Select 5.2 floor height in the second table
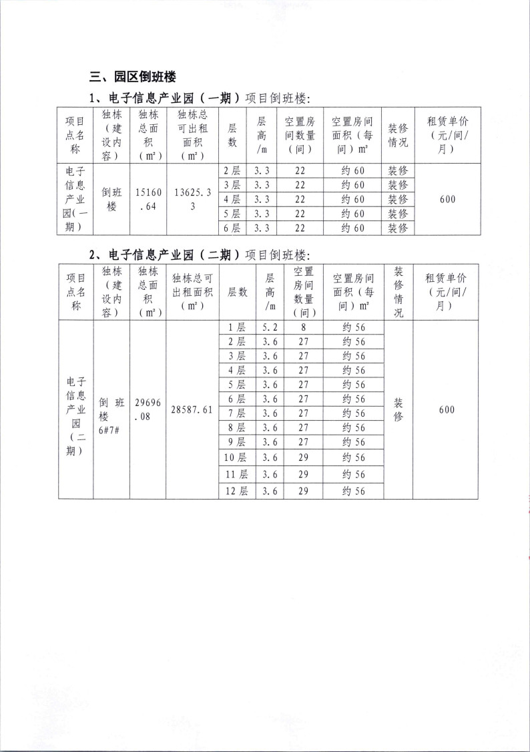tap(270, 327)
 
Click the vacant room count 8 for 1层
tap(303, 327)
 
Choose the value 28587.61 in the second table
tap(192, 409)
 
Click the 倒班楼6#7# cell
tap(111, 409)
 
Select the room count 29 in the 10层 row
tap(303, 457)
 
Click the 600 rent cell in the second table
tap(447, 409)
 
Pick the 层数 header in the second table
tap(238, 292)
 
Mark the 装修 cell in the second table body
tap(398, 409)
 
